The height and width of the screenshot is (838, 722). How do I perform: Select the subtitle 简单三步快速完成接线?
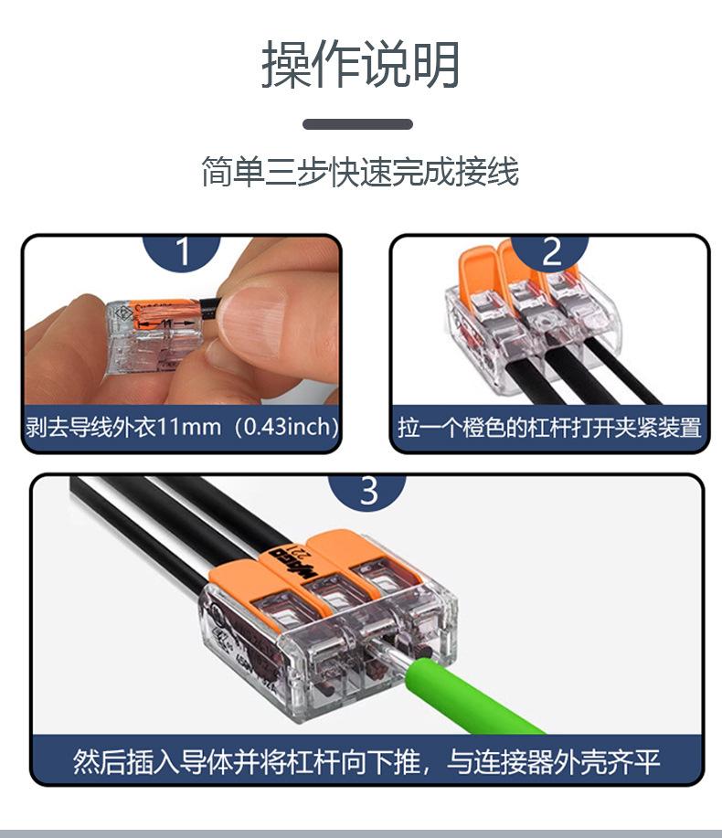(x=360, y=172)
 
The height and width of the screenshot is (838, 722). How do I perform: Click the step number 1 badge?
(x=183, y=251)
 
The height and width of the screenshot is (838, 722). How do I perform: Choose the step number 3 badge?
(x=367, y=491)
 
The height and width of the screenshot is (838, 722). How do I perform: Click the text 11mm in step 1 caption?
(x=190, y=428)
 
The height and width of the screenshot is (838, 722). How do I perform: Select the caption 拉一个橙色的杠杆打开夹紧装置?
(x=549, y=428)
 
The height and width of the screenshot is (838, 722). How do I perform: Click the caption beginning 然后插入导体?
(x=366, y=761)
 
